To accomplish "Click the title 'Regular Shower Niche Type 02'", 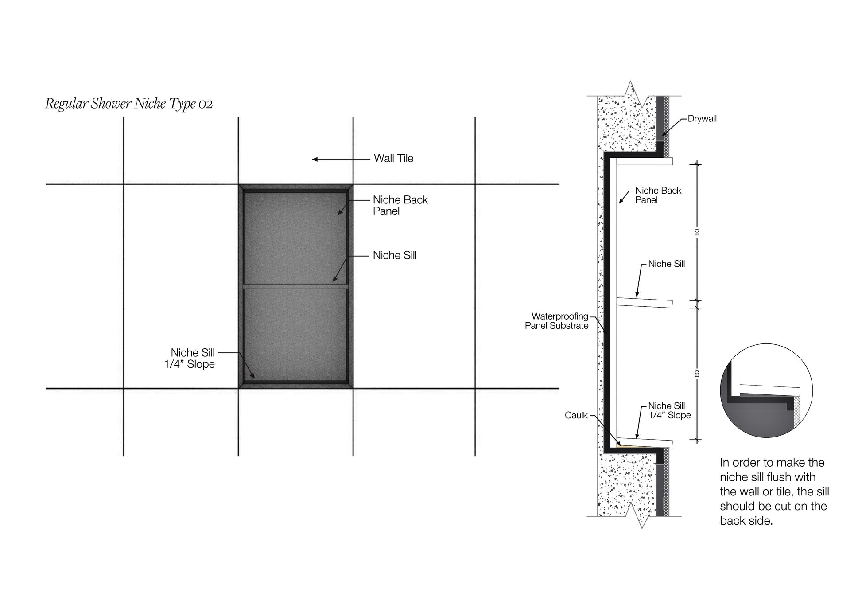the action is pos(129,104).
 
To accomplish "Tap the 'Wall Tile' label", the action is pos(393,159).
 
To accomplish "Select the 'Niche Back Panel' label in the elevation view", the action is pos(400,206).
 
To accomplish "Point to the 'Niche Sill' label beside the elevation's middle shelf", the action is pos(395,256).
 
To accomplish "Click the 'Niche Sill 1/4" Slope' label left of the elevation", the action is pos(190,359).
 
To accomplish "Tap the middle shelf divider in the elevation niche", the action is pos(295,286).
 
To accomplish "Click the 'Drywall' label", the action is pos(702,119).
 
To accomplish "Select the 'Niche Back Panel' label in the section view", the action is pos(658,195).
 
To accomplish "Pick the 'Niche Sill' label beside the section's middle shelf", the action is pos(666,264).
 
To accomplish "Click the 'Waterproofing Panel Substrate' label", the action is pos(557,321).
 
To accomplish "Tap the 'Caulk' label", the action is pos(576,416).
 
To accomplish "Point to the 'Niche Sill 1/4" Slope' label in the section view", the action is pos(669,411).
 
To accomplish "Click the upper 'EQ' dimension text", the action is pos(697,232).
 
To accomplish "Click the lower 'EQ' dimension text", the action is pos(697,374).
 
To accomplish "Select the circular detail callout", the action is pos(766,390).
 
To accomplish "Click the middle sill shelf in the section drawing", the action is pos(645,303).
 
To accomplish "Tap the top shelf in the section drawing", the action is pos(645,162).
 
